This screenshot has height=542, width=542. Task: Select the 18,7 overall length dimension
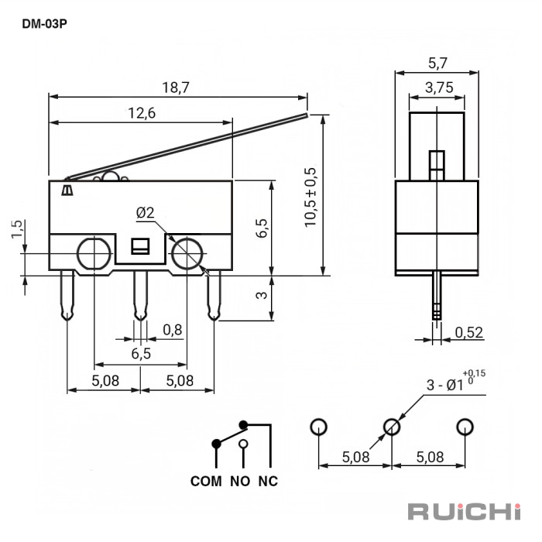177,87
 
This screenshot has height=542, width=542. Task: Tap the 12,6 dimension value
142,113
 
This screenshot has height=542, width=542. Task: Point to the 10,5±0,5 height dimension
310,197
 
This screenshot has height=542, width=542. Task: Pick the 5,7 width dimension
437,63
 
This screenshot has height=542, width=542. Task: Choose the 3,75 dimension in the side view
438,88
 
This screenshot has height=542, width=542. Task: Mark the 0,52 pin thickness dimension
468,333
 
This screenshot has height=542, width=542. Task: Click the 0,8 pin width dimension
173,330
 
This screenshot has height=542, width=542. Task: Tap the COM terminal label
206,481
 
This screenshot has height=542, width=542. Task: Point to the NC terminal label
268,481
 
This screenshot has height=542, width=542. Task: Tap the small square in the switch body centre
140,246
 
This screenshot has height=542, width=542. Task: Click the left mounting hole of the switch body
93,253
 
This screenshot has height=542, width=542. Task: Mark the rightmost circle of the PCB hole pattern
465,427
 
